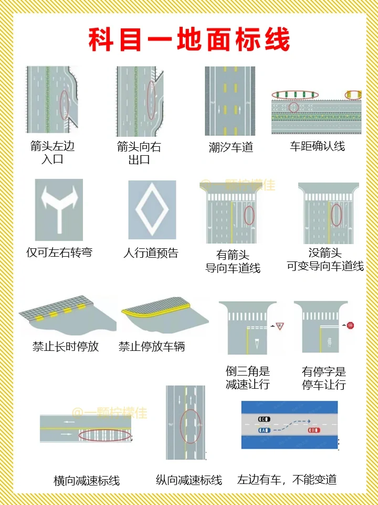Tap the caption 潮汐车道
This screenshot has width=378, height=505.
(x=231, y=147)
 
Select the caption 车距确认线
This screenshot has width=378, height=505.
(x=317, y=146)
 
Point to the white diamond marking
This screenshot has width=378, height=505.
(x=152, y=209)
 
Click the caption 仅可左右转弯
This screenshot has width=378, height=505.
(x=59, y=252)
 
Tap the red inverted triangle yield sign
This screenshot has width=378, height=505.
(x=280, y=326)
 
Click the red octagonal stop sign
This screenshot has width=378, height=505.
(x=350, y=326)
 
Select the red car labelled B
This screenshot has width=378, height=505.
(x=314, y=430)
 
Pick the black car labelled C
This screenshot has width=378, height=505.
(x=264, y=419)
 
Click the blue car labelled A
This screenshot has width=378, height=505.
(x=264, y=430)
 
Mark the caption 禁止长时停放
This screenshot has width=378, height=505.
(x=66, y=347)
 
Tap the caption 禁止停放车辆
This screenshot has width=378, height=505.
(x=152, y=347)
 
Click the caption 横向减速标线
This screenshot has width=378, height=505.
(x=87, y=480)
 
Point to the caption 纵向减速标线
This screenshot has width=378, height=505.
(x=189, y=480)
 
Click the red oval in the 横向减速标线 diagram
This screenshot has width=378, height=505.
(x=104, y=435)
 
